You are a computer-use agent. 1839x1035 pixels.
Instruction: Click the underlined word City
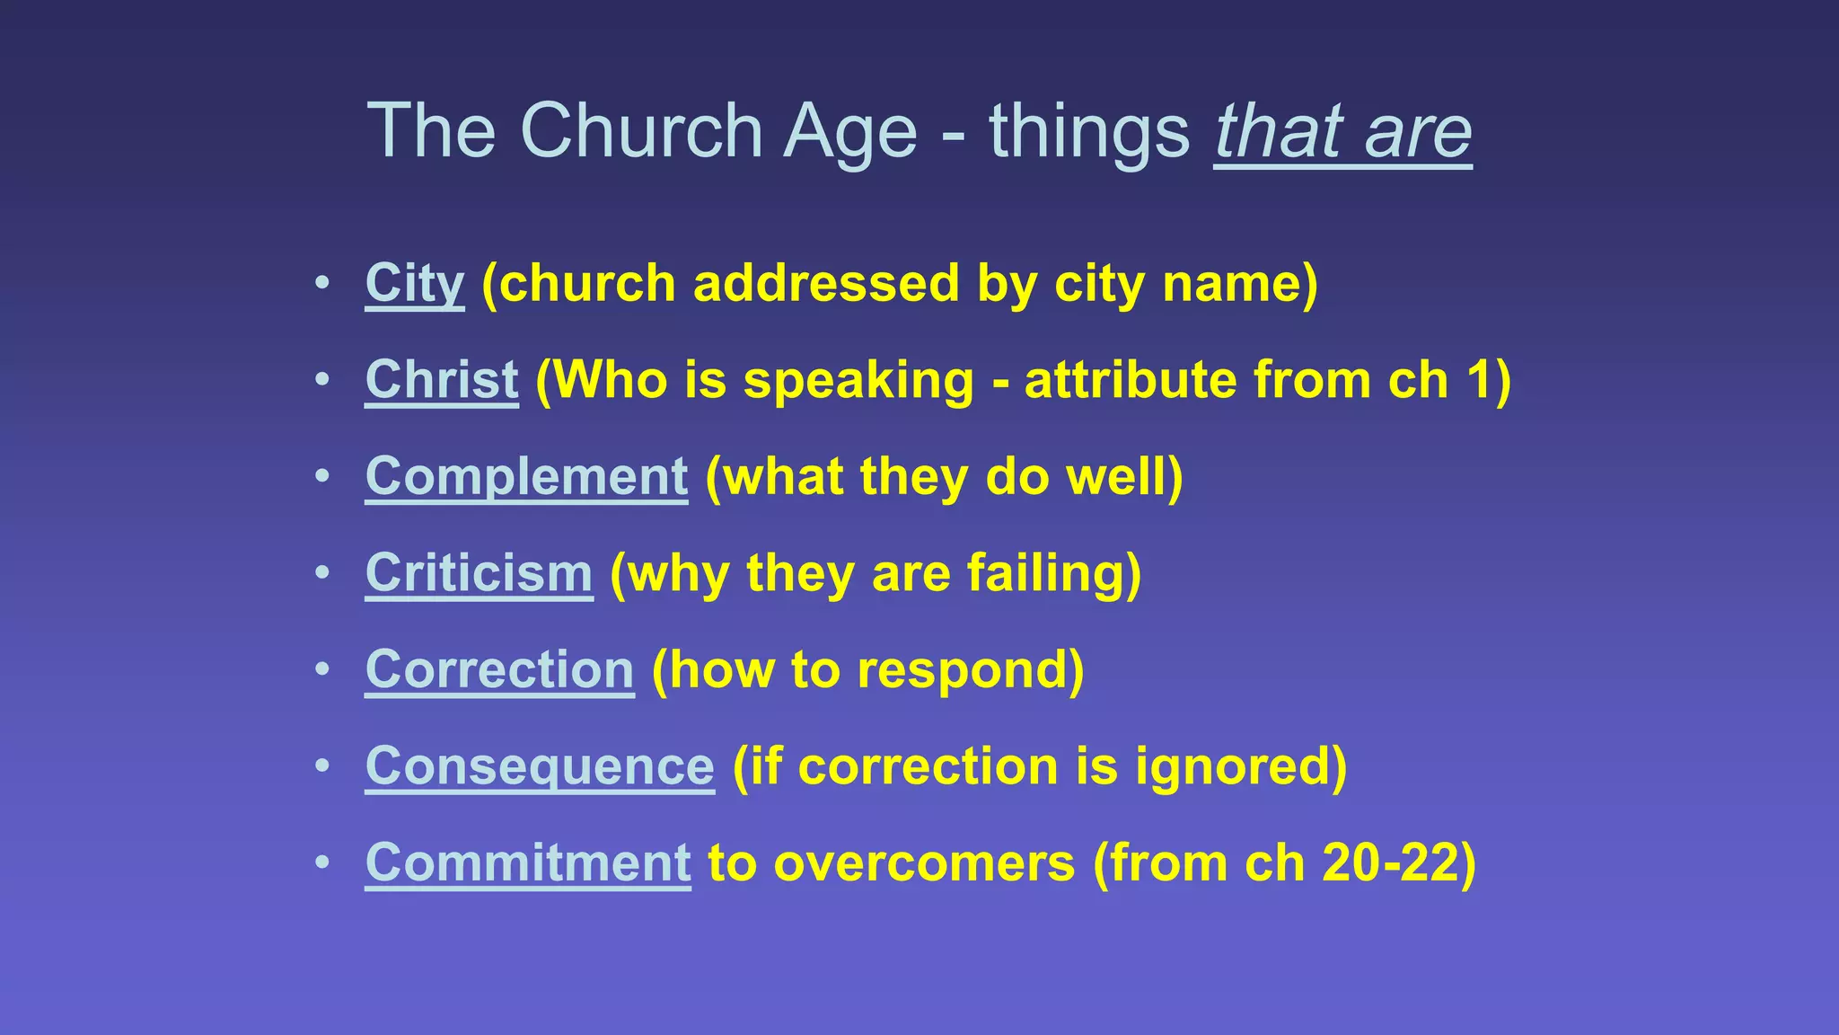[414, 284]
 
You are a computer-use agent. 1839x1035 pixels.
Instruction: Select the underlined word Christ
[441, 380]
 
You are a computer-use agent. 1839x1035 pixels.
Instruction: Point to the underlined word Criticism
[479, 573]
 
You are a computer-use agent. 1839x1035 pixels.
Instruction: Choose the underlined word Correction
[499, 670]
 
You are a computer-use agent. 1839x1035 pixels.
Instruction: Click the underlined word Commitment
[528, 863]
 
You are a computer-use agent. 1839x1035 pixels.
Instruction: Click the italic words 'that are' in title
[1342, 132]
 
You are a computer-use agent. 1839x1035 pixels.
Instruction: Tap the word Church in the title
[641, 132]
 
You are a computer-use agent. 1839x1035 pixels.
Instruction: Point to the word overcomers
[924, 863]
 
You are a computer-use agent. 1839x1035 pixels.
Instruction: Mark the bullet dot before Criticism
[322, 572]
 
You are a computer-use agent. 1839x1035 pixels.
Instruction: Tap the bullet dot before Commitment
[322, 862]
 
